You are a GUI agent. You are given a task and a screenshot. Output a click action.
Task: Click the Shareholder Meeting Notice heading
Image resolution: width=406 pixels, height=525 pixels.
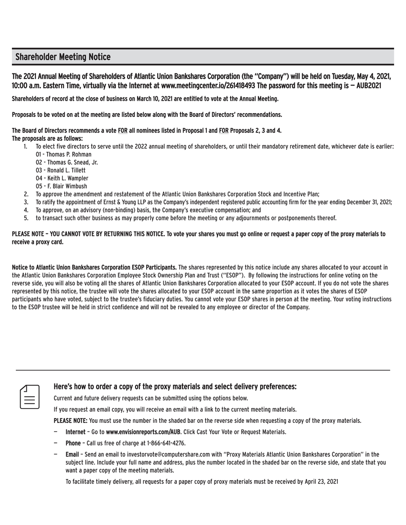[x=63, y=57]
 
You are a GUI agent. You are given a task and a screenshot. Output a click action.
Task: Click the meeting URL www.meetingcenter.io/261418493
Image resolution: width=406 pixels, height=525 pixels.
[x=209, y=86]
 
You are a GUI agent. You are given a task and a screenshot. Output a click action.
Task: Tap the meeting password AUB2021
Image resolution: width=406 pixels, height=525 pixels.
[x=368, y=86]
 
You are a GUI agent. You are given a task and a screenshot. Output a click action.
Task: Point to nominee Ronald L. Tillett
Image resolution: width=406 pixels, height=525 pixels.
[x=61, y=170]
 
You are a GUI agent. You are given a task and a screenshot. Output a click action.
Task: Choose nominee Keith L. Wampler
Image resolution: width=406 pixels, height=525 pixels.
[x=62, y=178]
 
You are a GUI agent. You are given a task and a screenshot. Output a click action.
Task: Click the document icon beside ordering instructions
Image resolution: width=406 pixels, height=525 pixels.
[x=30, y=397]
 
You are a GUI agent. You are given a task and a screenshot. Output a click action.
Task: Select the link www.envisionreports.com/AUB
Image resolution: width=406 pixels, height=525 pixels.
[x=143, y=432]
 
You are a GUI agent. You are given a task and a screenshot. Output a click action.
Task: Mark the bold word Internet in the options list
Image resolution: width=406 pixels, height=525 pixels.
[x=75, y=432]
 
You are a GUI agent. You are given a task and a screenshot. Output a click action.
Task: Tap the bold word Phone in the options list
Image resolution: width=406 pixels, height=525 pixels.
[x=73, y=443]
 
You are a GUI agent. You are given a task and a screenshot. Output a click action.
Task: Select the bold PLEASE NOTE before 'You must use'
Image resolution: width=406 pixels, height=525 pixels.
[x=70, y=421]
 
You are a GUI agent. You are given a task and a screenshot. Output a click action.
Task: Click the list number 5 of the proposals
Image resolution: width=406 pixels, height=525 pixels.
[x=26, y=218]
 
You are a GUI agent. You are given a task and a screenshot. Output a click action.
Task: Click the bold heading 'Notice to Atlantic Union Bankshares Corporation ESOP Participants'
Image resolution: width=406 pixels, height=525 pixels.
[x=94, y=267]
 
